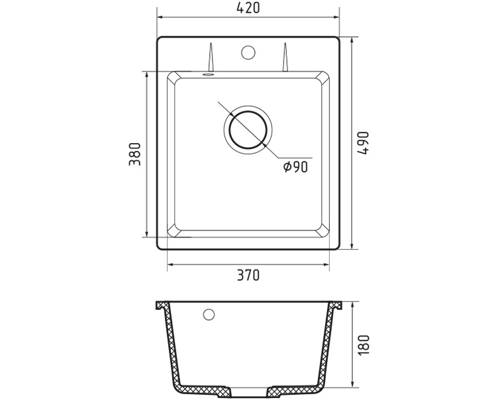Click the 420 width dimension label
[248, 8]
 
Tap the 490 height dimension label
[364, 143]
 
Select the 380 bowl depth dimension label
[134, 154]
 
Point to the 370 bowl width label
[248, 275]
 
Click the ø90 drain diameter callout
[295, 167]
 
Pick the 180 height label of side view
[364, 345]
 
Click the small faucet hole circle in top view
[248, 52]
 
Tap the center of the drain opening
[248, 130]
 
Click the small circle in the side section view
[209, 315]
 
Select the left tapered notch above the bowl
[210, 57]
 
